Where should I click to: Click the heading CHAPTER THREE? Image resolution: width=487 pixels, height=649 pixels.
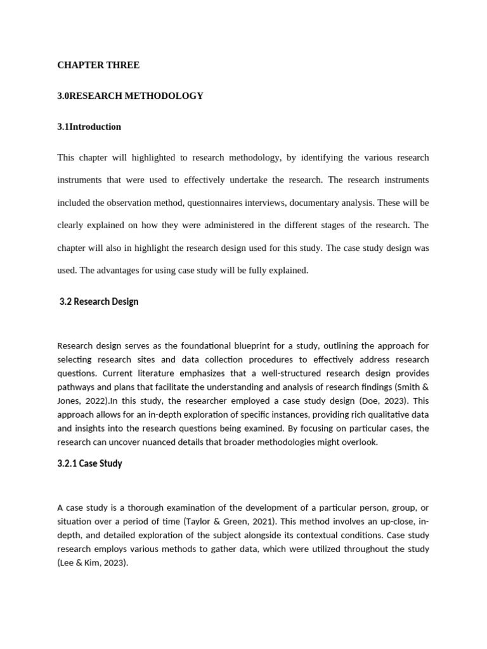point(98,65)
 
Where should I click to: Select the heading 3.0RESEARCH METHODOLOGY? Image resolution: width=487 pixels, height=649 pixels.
point(130,96)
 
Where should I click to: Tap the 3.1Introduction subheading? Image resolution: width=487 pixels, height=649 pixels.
point(89,127)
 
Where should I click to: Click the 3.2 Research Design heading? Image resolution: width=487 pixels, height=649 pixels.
point(98,302)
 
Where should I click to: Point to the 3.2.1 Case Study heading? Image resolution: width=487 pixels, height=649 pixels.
point(89,463)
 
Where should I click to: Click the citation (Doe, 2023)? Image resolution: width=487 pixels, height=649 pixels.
point(373,401)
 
